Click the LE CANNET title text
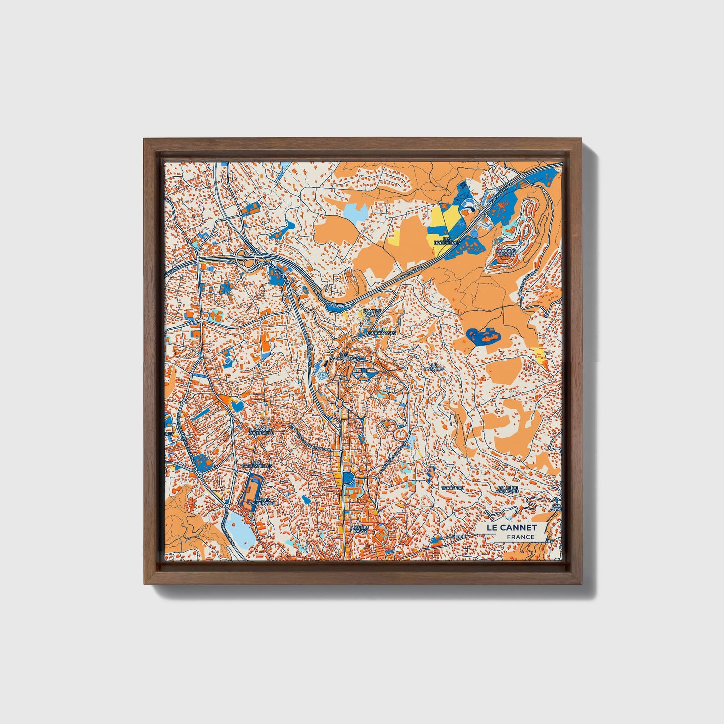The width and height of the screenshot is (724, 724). pos(511,527)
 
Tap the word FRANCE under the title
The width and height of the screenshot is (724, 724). pos(520,537)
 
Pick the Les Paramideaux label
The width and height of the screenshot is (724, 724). pos(343,357)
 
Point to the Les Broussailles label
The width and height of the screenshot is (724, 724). pos(257,464)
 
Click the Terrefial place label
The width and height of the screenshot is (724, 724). pos(452,488)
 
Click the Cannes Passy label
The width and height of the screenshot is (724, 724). pos(360,529)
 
